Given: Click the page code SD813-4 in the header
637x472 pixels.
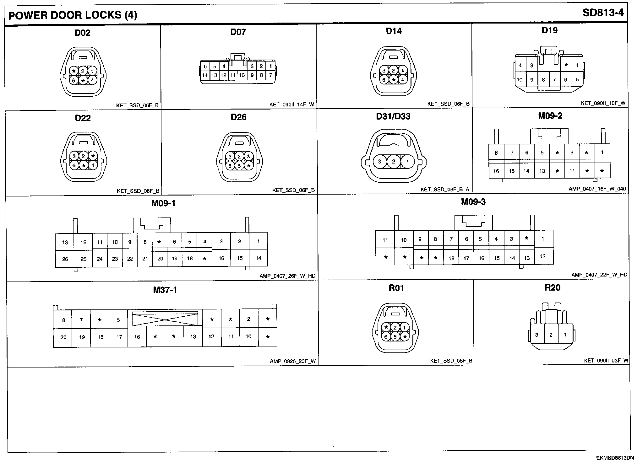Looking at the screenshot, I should pyautogui.click(x=603, y=13).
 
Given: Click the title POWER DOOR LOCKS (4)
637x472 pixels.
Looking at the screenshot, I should pyautogui.click(x=73, y=15).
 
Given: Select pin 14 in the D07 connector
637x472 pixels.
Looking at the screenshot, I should pyautogui.click(x=205, y=75).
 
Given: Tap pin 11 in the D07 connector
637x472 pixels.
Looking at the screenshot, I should pyautogui.click(x=233, y=75).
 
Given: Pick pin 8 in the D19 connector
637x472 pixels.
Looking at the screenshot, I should pyautogui.click(x=543, y=80).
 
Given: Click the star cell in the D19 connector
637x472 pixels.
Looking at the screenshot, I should pyautogui.click(x=566, y=65).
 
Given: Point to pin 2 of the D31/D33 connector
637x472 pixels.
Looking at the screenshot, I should pyautogui.click(x=394, y=162).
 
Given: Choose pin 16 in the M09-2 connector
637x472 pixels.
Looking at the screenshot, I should pyautogui.click(x=496, y=171).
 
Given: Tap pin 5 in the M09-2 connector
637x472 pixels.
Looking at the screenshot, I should pyautogui.click(x=542, y=153).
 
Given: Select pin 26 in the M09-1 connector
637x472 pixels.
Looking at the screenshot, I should pyautogui.click(x=65, y=259).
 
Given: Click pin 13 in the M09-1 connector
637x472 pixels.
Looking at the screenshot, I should pyautogui.click(x=65, y=242).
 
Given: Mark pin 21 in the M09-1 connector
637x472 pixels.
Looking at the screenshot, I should pyautogui.click(x=145, y=259).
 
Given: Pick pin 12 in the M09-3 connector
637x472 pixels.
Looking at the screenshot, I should pyautogui.click(x=543, y=256).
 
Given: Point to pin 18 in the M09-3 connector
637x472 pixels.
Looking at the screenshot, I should pyautogui.click(x=451, y=258).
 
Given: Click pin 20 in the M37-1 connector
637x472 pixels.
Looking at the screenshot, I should pyautogui.click(x=63, y=337).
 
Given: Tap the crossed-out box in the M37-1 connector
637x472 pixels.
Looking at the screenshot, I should pyautogui.click(x=165, y=319).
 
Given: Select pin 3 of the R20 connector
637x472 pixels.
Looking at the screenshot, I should pyautogui.click(x=536, y=335).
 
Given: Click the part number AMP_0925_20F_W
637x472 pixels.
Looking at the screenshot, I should pyautogui.click(x=292, y=361).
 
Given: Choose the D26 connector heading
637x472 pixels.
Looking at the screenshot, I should pyautogui.click(x=238, y=117).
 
